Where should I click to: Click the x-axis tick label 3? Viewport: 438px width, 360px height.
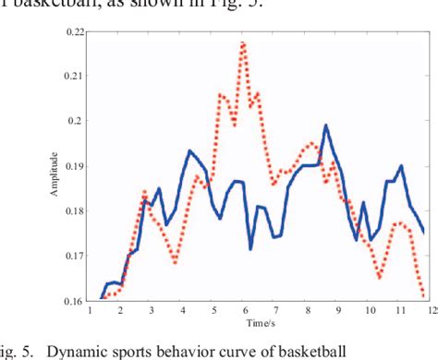tap(152, 311)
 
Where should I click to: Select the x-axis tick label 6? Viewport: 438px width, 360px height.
tap(245, 311)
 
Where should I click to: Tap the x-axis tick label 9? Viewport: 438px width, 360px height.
tap(338, 311)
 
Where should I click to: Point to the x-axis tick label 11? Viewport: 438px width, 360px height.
tap(400, 311)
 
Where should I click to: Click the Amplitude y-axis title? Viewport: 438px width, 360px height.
tap(54, 166)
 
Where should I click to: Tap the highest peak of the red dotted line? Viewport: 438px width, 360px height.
tap(243, 42)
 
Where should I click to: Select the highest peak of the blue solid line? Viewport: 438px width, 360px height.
tap(325, 125)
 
